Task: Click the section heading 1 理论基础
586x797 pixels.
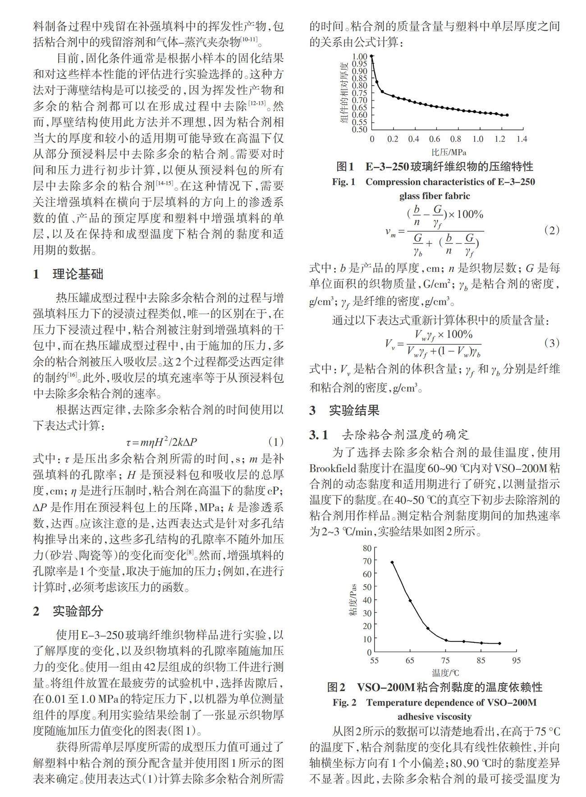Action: (68, 274)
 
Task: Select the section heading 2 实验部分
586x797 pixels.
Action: (68, 611)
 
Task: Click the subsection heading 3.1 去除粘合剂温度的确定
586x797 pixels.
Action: (389, 435)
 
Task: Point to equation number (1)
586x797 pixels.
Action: (275, 441)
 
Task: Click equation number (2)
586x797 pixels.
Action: (552, 230)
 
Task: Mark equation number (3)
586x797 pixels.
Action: (552, 343)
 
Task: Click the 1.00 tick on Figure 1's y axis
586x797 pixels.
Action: (360, 57)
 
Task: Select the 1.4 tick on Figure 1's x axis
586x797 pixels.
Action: (522, 139)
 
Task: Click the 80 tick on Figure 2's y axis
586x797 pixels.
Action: (367, 548)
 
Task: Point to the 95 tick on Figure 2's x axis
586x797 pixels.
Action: (517, 660)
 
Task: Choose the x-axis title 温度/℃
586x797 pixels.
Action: (445, 673)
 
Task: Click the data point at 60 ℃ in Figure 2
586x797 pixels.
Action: (392, 562)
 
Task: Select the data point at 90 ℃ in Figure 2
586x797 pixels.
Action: (499, 643)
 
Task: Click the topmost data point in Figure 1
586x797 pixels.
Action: (372, 57)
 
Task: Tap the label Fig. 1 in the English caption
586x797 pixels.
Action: (343, 182)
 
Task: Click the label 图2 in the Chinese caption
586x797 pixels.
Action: (336, 687)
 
